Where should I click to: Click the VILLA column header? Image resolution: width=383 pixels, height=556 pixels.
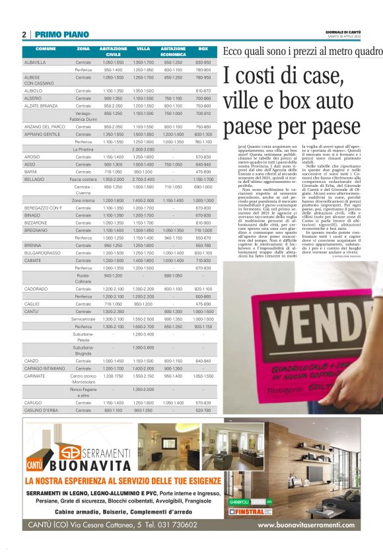point(143,50)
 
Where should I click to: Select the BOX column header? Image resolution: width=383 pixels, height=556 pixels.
point(203,50)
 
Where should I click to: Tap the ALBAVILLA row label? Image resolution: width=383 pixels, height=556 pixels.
point(35,62)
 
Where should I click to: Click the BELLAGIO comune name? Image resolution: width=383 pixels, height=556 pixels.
point(34,179)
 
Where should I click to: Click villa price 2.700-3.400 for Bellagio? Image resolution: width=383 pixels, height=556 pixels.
point(143,179)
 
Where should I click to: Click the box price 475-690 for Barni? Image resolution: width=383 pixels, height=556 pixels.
point(203,172)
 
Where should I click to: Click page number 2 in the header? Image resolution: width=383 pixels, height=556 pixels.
point(24,35)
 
